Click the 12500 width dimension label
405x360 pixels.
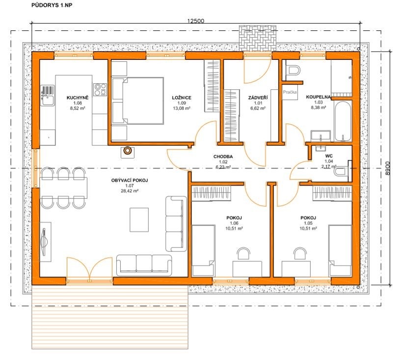click(195, 21)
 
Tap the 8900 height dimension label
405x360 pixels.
click(387, 169)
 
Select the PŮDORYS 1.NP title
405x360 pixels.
click(52, 5)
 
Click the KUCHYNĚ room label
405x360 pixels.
click(78, 98)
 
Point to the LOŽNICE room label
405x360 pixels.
click(182, 98)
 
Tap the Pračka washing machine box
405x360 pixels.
click(290, 92)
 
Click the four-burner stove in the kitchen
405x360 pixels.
click(100, 89)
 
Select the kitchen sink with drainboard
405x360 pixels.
click(48, 96)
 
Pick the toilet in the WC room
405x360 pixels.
click(342, 171)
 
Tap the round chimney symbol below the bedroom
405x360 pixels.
click(127, 150)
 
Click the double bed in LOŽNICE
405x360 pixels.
click(137, 101)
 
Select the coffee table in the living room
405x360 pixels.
click(139, 220)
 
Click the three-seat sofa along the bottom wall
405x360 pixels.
click(144, 265)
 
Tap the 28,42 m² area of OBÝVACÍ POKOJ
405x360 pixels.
click(130, 191)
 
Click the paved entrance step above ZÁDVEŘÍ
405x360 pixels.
click(258, 38)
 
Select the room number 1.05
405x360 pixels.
click(308, 223)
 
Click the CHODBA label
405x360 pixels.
click(223, 156)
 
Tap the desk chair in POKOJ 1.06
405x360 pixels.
click(243, 254)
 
